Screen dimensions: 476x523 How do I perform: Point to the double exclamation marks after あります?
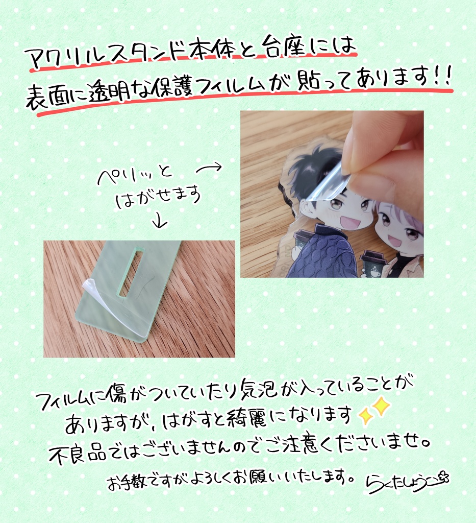click(443, 76)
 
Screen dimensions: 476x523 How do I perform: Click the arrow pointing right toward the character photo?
click(209, 168)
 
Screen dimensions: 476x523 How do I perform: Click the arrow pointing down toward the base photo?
click(160, 221)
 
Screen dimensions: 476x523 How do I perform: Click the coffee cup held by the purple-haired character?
click(371, 264)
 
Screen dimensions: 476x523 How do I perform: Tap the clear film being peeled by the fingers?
click(328, 182)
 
